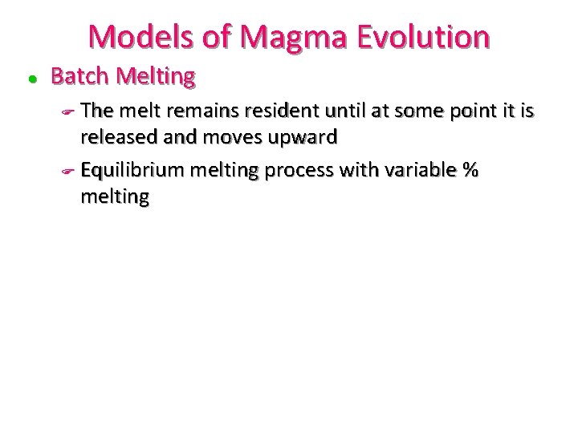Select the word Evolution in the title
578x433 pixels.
pos(426,36)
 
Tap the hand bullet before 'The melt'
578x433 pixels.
pos(68,110)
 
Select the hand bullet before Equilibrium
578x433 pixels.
pos(68,171)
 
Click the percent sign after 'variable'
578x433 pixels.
pos(469,170)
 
